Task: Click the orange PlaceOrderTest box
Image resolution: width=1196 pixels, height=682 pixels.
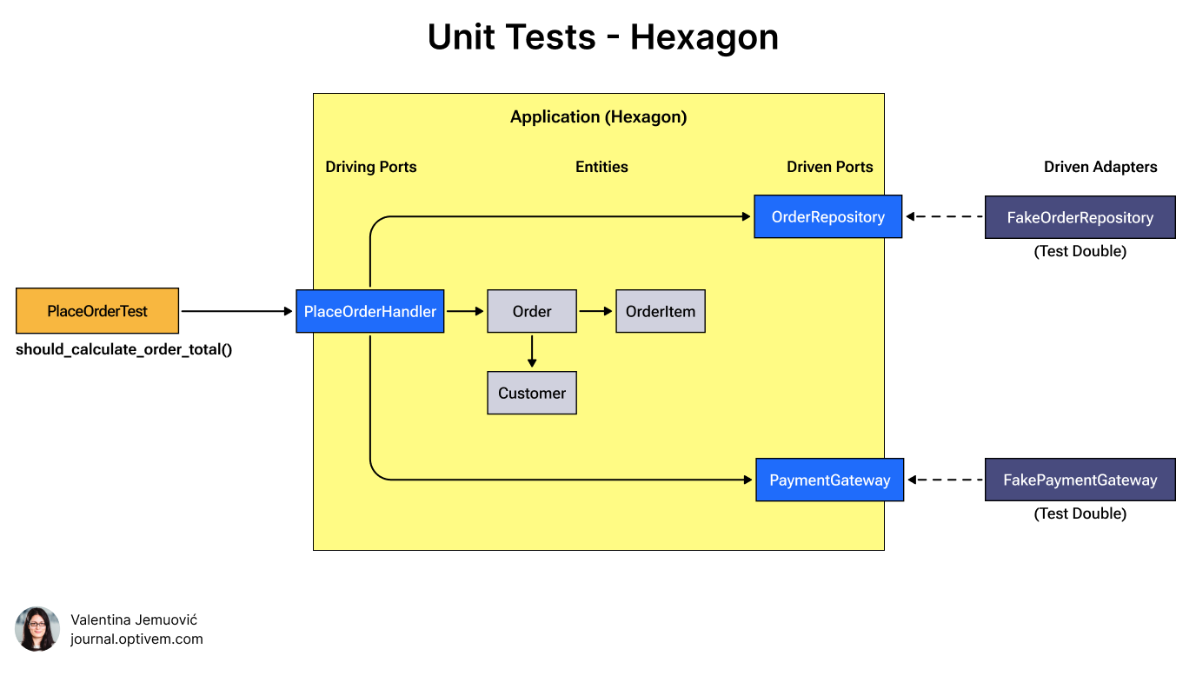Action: tap(97, 311)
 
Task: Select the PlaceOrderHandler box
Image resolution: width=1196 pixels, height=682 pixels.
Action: tap(370, 311)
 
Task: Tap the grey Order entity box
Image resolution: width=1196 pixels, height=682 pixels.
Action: tap(532, 311)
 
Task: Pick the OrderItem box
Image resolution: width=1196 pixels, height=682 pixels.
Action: tap(661, 311)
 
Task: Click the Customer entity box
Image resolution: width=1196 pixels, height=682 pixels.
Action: tap(532, 393)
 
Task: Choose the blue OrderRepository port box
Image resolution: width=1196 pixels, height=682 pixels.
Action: tap(827, 216)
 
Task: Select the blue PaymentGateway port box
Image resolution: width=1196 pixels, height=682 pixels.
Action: tap(829, 480)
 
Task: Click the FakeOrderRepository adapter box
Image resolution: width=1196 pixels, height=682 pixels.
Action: tap(1080, 217)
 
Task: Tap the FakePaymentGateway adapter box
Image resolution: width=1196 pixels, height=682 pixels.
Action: tap(1080, 480)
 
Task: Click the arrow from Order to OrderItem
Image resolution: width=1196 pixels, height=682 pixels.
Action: tap(596, 311)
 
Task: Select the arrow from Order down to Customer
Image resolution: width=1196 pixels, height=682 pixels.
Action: tap(532, 351)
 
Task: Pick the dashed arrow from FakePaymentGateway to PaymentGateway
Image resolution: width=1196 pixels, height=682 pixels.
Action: tap(945, 480)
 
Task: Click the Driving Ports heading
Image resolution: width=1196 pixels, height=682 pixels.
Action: tap(371, 167)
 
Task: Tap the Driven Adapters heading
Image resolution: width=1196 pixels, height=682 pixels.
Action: tap(1100, 167)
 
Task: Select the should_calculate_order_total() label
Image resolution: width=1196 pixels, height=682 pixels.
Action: tap(124, 350)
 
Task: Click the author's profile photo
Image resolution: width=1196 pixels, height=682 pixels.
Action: tap(37, 629)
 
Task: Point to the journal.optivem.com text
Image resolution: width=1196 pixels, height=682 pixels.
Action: tap(136, 639)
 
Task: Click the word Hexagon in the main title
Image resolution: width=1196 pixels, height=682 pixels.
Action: tap(704, 37)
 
